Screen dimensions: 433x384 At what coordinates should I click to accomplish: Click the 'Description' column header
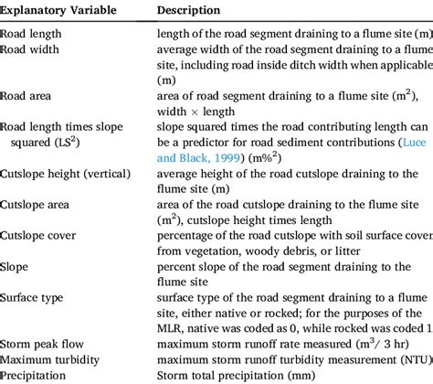pos(188,10)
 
